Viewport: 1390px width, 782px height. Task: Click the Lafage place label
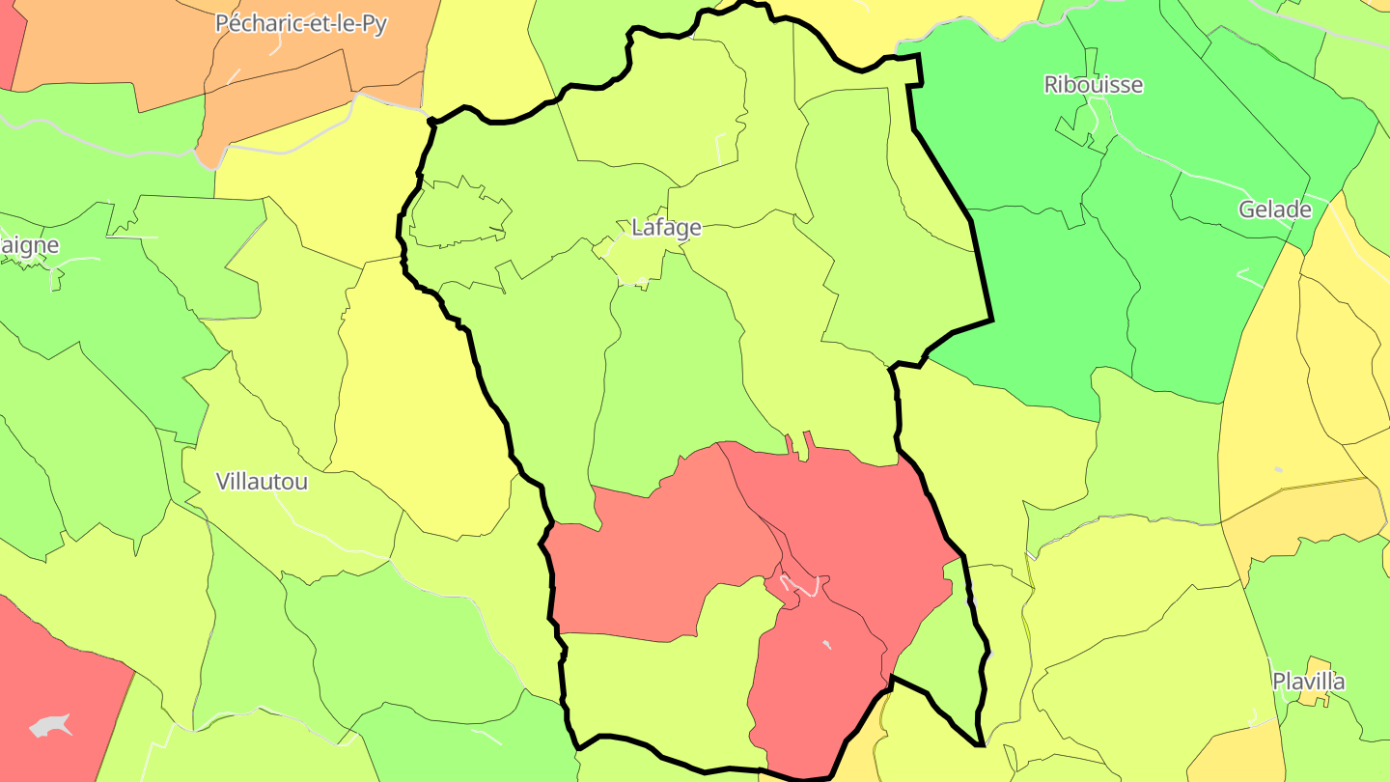(x=665, y=229)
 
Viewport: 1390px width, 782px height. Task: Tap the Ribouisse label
(x=1093, y=85)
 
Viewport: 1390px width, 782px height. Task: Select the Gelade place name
(x=1275, y=210)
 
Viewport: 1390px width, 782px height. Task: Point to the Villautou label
(x=262, y=482)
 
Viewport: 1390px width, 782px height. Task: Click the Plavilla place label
(x=1308, y=682)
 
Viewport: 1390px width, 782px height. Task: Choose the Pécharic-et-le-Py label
(x=300, y=24)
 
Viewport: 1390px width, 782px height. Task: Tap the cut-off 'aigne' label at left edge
(x=29, y=245)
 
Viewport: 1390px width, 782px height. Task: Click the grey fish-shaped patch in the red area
(x=50, y=725)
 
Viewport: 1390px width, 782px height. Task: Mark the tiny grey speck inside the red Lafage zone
(x=826, y=643)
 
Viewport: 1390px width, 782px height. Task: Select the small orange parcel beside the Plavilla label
(x=1314, y=696)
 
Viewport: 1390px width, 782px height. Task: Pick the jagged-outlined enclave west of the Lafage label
(x=459, y=213)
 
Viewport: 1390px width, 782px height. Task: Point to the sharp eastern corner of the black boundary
(x=991, y=320)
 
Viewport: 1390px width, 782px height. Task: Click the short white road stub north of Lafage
(x=720, y=149)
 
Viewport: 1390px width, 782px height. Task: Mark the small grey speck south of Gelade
(x=1278, y=470)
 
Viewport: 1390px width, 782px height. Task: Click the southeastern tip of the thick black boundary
(x=980, y=744)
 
